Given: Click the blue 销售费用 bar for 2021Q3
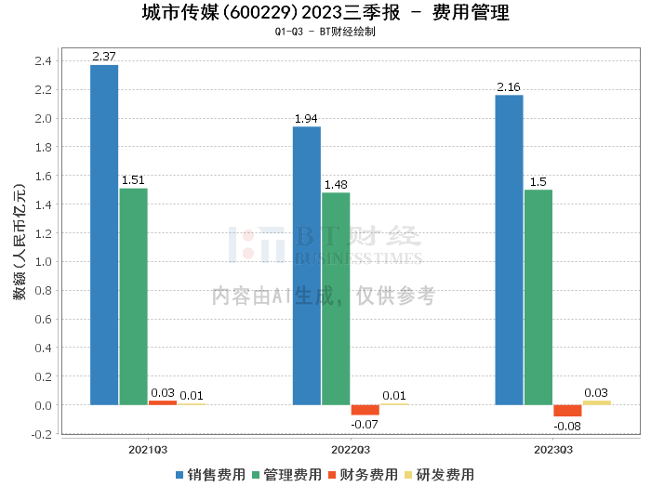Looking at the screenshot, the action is [104, 235].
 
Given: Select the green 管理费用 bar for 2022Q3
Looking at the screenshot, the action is [336, 298].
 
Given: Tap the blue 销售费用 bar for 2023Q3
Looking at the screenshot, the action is [509, 250].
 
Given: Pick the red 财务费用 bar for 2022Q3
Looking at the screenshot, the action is [365, 410].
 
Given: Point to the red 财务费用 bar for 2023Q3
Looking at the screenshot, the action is [567, 411].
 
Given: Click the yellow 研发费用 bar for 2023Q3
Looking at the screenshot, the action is [597, 402].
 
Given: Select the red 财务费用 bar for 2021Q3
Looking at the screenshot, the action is [163, 402].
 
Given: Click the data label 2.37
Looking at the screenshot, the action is [104, 57].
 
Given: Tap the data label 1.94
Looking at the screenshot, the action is [306, 119].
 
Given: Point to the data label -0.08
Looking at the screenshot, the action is [567, 427].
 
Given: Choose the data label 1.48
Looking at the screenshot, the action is [336, 185].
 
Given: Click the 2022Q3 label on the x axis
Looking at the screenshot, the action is [351, 450].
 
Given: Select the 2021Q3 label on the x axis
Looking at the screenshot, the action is [148, 450].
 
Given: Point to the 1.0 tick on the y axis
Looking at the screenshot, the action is [43, 262].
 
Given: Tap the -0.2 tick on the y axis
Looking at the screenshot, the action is [42, 434].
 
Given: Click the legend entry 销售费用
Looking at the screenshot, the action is [210, 475].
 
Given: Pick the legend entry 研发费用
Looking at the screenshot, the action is [439, 475].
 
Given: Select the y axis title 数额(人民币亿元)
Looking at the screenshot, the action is [20, 242].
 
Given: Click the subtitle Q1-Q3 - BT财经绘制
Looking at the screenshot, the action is [325, 32].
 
